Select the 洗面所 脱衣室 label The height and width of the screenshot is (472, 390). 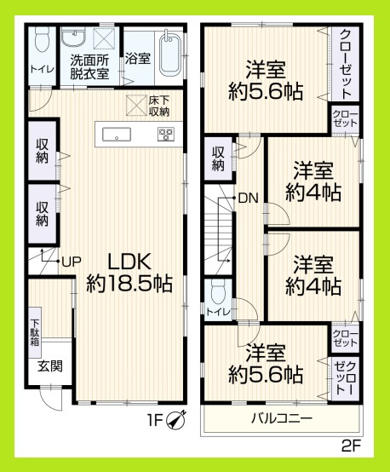(x=89, y=67)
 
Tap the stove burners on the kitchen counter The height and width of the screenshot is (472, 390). (x=165, y=134)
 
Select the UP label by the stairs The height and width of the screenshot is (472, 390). (x=69, y=262)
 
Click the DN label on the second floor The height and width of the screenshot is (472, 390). (x=248, y=199)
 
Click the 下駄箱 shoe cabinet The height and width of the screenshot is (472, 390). (x=35, y=331)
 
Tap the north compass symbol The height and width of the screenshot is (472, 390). (x=178, y=418)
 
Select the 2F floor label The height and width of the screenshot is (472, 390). (x=352, y=446)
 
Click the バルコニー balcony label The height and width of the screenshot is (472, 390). (x=281, y=418)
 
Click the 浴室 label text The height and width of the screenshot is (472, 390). (x=138, y=60)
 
